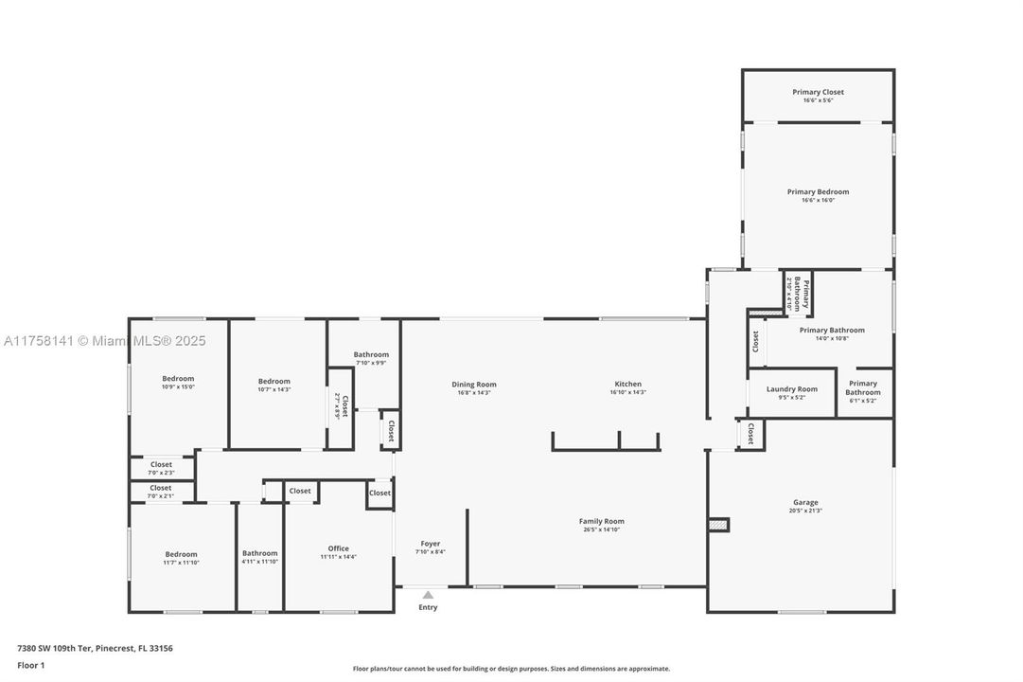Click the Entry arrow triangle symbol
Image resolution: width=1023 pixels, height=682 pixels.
[428, 595]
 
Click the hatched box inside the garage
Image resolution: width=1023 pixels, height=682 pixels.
[719, 524]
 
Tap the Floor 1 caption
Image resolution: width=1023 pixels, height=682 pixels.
[30, 666]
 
